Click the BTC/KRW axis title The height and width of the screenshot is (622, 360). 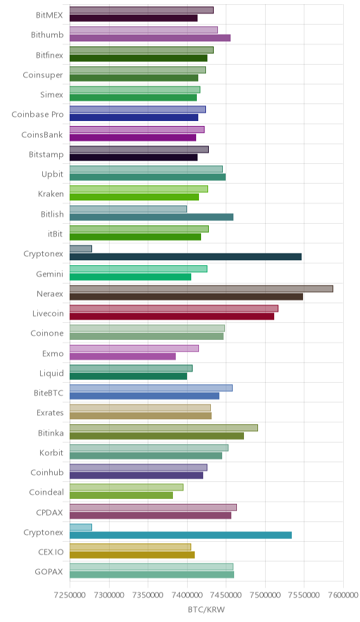click(x=206, y=610)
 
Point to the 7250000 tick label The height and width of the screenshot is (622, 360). click(x=70, y=595)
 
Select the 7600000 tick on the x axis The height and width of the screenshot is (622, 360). click(x=343, y=595)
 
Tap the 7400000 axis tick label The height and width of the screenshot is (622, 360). click(x=187, y=595)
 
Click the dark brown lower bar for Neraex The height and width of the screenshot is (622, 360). click(x=186, y=297)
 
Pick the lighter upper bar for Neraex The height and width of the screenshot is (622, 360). click(x=201, y=288)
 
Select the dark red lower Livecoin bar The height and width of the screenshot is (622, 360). click(x=172, y=317)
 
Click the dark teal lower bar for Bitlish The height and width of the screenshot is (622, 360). click(x=151, y=217)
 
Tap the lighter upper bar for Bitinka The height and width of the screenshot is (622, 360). click(x=164, y=428)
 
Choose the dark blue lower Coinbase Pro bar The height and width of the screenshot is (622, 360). click(x=134, y=118)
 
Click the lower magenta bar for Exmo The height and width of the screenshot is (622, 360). click(x=122, y=357)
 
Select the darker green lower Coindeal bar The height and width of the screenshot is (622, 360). click(x=122, y=495)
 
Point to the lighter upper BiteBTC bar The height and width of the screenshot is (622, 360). click(x=151, y=388)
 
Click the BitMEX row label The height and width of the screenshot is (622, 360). click(x=49, y=15)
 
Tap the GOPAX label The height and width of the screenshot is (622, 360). click(x=49, y=572)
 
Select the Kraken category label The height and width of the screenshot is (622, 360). click(x=51, y=194)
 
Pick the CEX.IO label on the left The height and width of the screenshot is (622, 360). click(x=51, y=552)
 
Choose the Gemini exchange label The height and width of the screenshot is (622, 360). click(x=49, y=274)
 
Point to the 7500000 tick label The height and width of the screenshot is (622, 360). click(x=265, y=595)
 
